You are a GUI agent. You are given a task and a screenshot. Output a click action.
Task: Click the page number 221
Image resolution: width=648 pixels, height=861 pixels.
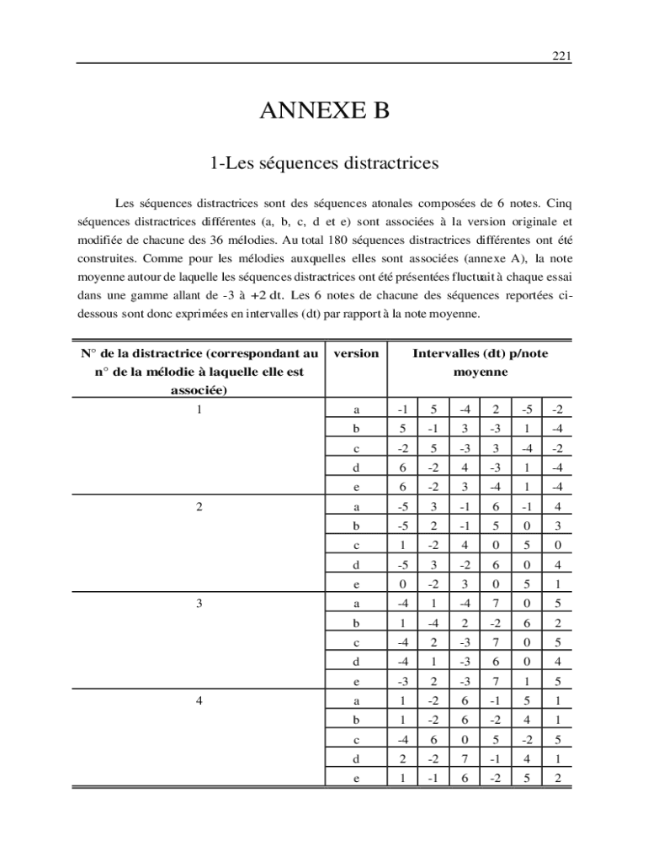point(561,56)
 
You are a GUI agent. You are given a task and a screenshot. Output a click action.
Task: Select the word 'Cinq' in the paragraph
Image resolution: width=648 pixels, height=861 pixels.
point(559,203)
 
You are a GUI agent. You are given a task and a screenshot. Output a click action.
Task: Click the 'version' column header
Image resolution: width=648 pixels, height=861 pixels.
point(356,354)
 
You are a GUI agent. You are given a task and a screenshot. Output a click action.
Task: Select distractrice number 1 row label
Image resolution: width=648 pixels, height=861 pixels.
point(198,410)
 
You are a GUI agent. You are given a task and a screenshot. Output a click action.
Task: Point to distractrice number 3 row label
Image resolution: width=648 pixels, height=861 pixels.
point(198,604)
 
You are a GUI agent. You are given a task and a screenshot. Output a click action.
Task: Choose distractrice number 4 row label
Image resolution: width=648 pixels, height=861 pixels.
point(198,700)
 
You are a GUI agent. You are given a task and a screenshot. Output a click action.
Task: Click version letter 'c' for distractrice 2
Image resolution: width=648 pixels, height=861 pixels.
point(356,546)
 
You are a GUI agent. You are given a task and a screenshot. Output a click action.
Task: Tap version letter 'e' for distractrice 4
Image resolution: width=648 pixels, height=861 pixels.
point(356,778)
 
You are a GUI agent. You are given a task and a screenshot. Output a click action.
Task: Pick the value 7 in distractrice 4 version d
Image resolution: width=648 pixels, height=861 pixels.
point(465,758)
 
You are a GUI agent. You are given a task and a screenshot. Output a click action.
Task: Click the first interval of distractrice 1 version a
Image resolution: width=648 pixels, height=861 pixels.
point(403,410)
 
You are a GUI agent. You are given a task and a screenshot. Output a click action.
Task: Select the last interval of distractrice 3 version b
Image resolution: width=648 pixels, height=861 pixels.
point(557,623)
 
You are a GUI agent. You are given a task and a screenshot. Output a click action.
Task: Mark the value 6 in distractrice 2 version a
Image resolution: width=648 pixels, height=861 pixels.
point(496,507)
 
